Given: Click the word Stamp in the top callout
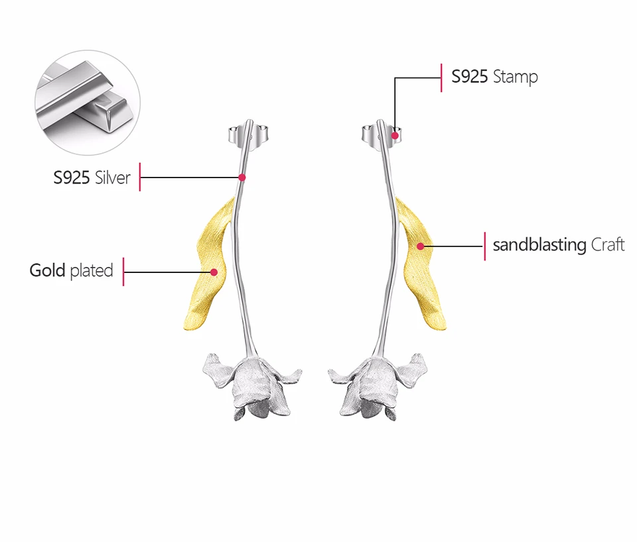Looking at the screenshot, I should pyautogui.click(x=516, y=77).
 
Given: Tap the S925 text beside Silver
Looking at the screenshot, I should pyautogui.click(x=72, y=177).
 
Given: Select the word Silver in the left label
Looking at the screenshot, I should pyautogui.click(x=113, y=177).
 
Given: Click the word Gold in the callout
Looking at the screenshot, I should pyautogui.click(x=47, y=270).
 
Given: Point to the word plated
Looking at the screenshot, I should pyautogui.click(x=92, y=271).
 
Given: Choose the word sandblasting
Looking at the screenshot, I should pyautogui.click(x=539, y=244).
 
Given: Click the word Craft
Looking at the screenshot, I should pyautogui.click(x=608, y=244).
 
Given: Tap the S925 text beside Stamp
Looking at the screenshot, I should pyautogui.click(x=470, y=77).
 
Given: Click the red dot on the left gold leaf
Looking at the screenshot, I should pyautogui.click(x=214, y=272).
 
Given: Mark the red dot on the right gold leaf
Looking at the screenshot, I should pyautogui.click(x=420, y=246).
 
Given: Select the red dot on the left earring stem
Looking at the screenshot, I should pyautogui.click(x=242, y=177).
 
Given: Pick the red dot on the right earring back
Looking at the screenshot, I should pyautogui.click(x=395, y=136).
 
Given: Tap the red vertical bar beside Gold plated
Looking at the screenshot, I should pyautogui.click(x=123, y=271).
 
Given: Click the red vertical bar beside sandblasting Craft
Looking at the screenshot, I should pyautogui.click(x=484, y=246).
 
